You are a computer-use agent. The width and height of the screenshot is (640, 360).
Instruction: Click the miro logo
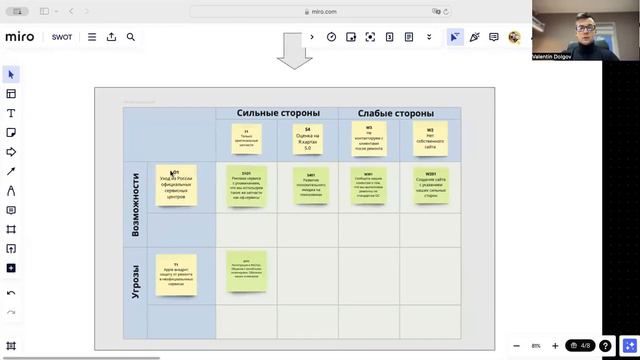click(19, 36)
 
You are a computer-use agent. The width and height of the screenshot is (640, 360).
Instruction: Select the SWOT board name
click(62, 37)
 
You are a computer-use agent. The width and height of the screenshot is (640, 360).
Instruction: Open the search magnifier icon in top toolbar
click(131, 37)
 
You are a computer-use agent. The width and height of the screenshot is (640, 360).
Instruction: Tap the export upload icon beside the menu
click(111, 37)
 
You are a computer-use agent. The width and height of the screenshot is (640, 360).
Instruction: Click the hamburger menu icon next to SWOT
click(92, 37)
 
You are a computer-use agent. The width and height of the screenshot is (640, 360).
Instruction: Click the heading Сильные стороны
click(277, 113)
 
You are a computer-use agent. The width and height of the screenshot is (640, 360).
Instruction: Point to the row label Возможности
click(136, 204)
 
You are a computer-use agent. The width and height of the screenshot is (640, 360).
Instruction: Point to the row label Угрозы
click(136, 281)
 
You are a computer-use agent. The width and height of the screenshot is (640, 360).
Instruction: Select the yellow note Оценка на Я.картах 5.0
click(308, 138)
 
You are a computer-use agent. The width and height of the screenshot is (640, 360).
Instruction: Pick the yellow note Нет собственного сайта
click(430, 138)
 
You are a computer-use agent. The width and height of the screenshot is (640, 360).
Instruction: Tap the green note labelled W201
click(431, 185)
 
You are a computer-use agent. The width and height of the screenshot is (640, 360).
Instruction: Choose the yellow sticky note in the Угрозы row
click(176, 274)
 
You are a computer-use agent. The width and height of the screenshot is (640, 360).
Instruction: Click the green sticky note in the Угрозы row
click(246, 271)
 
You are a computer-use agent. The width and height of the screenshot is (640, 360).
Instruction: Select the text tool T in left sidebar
click(11, 113)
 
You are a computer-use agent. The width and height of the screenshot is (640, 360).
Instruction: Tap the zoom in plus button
click(556, 346)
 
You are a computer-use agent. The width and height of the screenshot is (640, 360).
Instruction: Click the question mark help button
click(605, 346)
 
